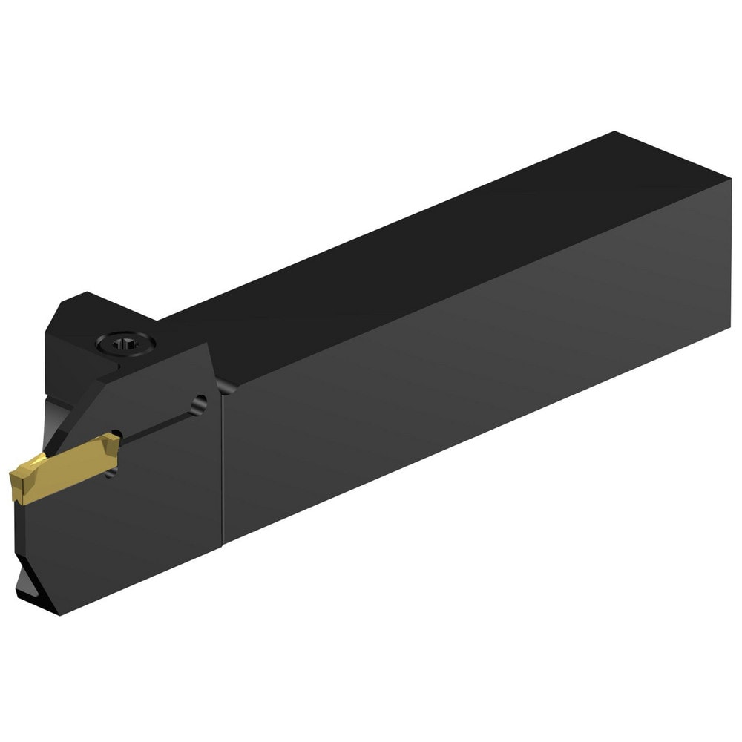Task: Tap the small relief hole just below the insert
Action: pyautogui.click(x=111, y=470)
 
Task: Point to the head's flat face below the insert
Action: pyautogui.click(x=126, y=534)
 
